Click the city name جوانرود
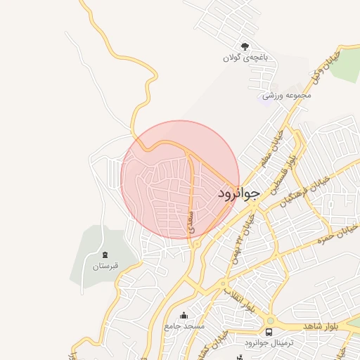pos(238,192)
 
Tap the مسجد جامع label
pos(184,326)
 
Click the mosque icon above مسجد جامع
pos(184,315)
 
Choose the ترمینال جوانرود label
pos(271,342)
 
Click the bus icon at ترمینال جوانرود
pos(269,331)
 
